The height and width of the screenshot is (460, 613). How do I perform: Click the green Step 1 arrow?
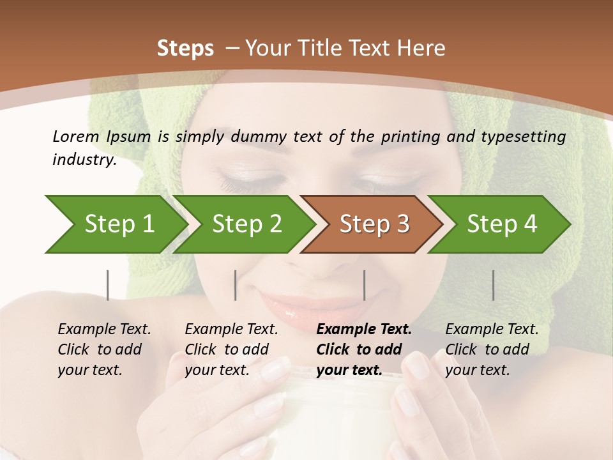pos(118,224)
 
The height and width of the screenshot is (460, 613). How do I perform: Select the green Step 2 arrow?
pos(246,224)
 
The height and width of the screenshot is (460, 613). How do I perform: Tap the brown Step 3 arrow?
pos(374,224)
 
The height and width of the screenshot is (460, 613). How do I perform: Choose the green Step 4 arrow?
pos(501,224)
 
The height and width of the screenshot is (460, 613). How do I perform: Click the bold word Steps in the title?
pos(185,49)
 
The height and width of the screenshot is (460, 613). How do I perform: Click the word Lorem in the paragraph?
pos(75,136)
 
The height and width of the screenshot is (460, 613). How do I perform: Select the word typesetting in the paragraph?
pos(520,137)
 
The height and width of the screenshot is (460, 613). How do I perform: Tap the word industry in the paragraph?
pos(84,159)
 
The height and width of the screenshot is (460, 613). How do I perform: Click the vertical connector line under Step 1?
pos(107,285)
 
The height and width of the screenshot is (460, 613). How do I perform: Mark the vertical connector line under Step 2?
pos(236,285)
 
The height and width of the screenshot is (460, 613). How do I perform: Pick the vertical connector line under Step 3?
pos(364,285)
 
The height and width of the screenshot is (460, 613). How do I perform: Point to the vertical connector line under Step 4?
pos(493,285)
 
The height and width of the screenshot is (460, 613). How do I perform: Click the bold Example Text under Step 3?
pos(364,330)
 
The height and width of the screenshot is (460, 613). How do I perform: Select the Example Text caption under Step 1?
pos(104,330)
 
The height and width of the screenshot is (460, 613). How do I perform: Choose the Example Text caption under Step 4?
pos(492,330)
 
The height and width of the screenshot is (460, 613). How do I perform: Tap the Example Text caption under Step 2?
pos(231,330)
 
